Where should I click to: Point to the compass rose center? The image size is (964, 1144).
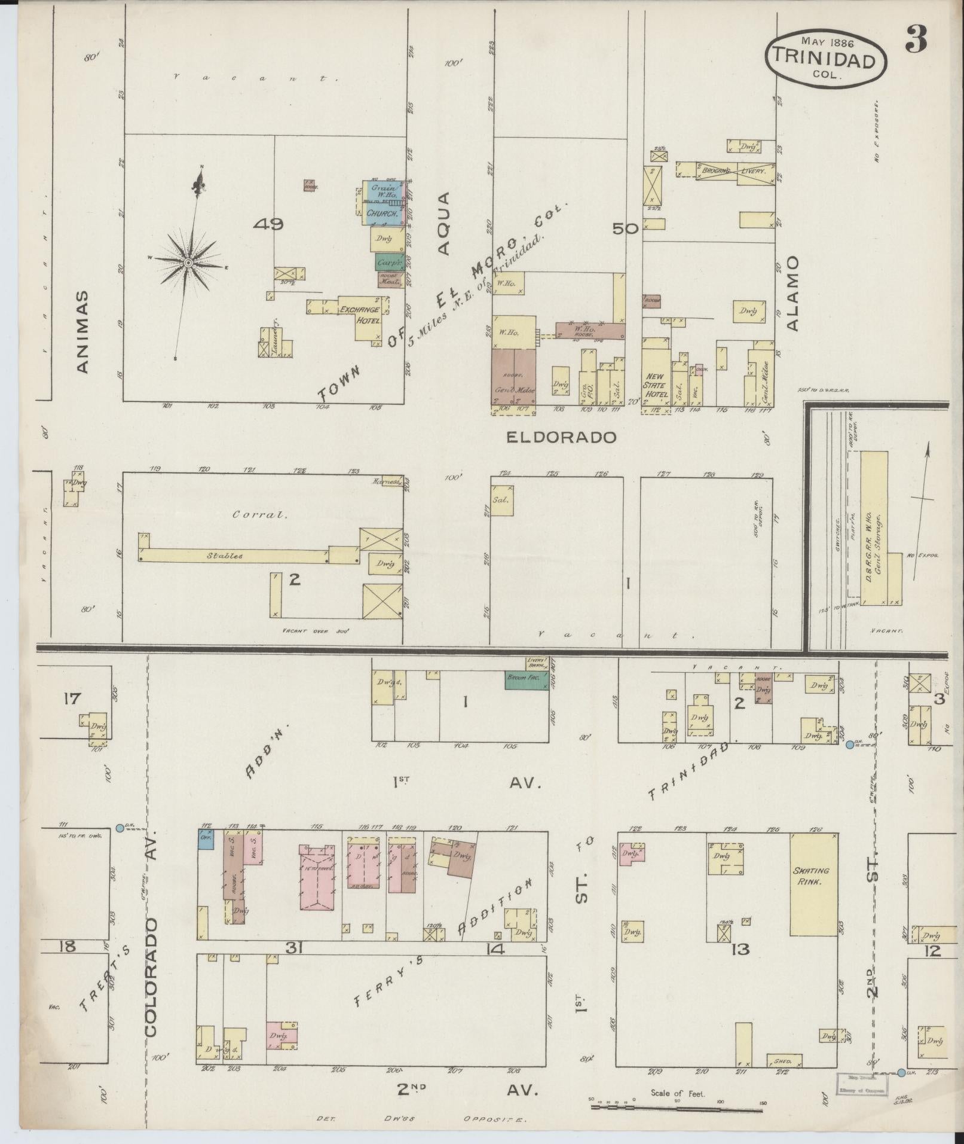[x=188, y=263]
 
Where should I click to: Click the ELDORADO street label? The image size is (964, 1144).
[x=561, y=438]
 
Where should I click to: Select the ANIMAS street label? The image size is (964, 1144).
[x=83, y=331]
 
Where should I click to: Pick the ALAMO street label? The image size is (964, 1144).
[x=792, y=292]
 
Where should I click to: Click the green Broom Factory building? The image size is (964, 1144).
[x=526, y=680]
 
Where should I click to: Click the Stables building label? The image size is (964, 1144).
[x=225, y=556]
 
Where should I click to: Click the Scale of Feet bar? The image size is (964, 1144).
[x=677, y=1106]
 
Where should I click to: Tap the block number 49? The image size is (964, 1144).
[x=268, y=224]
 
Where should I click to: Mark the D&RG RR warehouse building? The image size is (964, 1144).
[x=874, y=527]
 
